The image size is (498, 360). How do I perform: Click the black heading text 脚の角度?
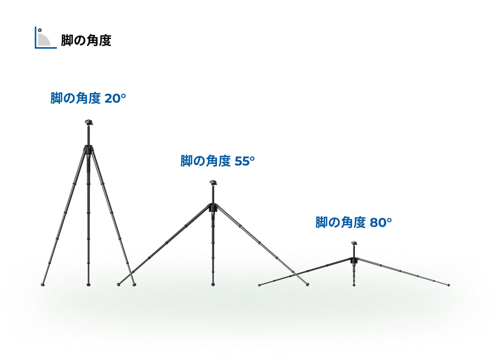click(x=86, y=40)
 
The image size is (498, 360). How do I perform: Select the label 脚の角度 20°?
click(x=88, y=98)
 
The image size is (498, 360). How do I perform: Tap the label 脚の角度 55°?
click(x=218, y=161)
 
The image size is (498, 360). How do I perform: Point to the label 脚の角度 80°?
click(x=353, y=222)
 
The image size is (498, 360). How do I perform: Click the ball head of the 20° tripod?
click(x=88, y=122)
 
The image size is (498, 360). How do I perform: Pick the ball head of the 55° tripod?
click(x=213, y=183)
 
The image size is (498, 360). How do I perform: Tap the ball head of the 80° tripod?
click(x=354, y=243)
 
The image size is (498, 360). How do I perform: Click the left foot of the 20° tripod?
click(x=43, y=285)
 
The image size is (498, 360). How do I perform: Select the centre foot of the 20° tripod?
click(x=88, y=285)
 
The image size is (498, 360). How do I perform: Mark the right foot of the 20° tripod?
click(x=134, y=285)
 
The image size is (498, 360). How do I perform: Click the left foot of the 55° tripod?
click(x=119, y=285)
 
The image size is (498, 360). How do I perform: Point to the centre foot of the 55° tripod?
click(x=213, y=285)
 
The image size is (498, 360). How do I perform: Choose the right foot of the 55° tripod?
click(x=307, y=285)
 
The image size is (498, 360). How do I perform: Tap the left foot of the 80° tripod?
click(x=259, y=285)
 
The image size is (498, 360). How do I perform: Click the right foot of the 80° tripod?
click(x=449, y=285)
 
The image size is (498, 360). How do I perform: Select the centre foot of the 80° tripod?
click(x=354, y=285)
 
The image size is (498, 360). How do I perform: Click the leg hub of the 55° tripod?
click(x=213, y=208)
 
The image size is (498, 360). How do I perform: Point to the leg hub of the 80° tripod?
click(x=354, y=260)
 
